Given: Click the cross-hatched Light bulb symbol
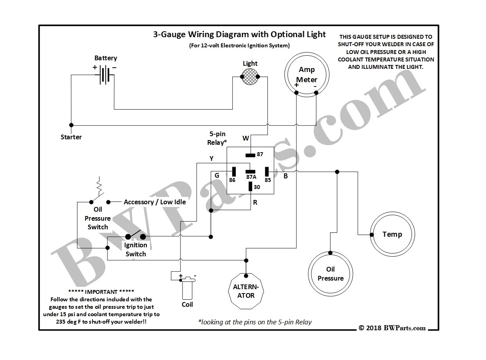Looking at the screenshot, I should coord(250,77).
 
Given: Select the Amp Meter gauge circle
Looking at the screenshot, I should coord(307,74).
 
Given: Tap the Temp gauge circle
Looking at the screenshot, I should coord(392,234).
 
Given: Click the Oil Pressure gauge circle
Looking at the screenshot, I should coord(330,274).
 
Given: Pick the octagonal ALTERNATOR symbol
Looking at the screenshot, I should coord(246,291).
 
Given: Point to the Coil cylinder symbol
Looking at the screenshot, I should coord(187,289).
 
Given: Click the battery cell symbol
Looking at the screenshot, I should coord(104,74).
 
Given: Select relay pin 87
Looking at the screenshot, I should coord(250,155).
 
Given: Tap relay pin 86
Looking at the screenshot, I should coord(234,171).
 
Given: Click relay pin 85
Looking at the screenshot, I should coord(267,171).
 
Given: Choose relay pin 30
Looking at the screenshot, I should coord(250,186).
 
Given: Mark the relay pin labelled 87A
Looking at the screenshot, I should coord(250,171).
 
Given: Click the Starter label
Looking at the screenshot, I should coord(71,137).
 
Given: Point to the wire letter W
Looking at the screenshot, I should coord(246,138).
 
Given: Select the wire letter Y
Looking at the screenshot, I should coord(211,158).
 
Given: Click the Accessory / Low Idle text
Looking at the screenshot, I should coord(155,202).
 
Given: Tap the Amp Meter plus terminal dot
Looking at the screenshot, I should coord(297,93).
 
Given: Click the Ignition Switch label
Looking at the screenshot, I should coord(136,249).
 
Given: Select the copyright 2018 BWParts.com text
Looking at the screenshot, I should coord(392,328).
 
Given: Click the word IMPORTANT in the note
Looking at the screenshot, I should coord(101,292).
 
